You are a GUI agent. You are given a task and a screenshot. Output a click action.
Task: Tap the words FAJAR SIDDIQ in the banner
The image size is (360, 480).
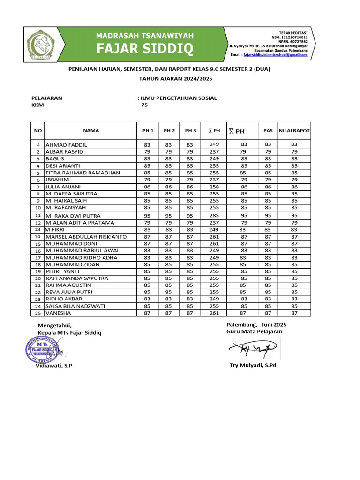[x=144, y=48]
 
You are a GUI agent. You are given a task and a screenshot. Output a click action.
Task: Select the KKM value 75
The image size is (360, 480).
[x=144, y=105]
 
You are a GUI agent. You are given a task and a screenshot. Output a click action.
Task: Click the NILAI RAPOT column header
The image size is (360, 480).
[x=294, y=131]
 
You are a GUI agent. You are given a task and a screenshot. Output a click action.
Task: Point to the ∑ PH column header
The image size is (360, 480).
[x=214, y=131]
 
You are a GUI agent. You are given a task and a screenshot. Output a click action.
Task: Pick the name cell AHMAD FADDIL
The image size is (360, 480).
[x=66, y=145]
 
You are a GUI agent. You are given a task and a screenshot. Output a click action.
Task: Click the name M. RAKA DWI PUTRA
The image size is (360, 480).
[x=73, y=216]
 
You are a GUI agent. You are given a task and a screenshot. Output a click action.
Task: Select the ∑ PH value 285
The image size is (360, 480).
[x=214, y=216]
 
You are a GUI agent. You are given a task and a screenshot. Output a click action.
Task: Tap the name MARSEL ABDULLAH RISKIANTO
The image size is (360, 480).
[x=86, y=237]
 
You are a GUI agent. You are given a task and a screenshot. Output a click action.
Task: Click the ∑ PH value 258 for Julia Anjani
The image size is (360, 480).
[x=214, y=187]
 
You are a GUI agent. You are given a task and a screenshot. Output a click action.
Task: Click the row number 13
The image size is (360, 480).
[x=37, y=230]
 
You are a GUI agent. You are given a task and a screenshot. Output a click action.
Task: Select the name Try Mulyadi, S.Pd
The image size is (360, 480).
[x=253, y=365]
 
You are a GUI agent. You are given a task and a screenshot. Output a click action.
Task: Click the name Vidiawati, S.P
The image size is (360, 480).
[x=54, y=365]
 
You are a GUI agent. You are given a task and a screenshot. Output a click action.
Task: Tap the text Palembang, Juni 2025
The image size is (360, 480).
[x=256, y=325]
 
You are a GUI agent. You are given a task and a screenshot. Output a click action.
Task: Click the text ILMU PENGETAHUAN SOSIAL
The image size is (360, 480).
[x=179, y=98]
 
